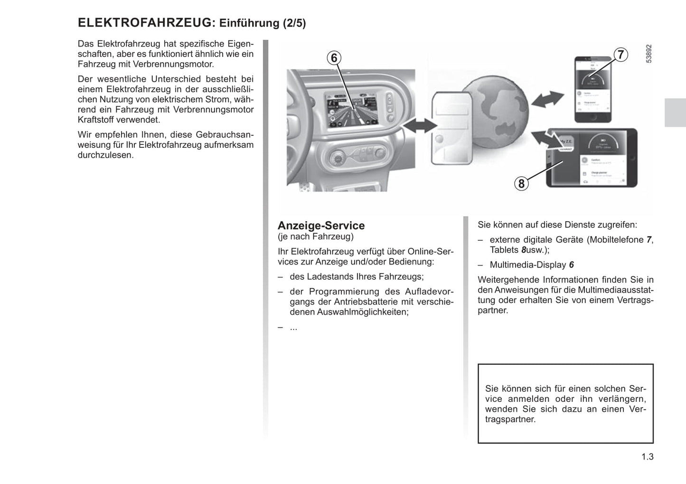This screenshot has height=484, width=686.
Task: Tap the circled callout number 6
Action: (334, 58)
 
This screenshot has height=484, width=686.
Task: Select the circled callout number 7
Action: (620, 55)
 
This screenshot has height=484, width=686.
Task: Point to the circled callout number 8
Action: (521, 183)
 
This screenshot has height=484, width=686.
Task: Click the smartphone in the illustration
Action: (592, 90)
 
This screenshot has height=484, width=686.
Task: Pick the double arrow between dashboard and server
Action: (419, 125)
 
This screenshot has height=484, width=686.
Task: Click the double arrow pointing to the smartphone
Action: (547, 100)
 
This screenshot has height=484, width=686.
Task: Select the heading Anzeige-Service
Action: (321, 226)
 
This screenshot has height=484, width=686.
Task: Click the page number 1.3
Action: (647, 457)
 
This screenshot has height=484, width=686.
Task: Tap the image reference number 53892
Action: (648, 54)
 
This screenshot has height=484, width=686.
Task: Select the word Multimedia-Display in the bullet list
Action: (528, 265)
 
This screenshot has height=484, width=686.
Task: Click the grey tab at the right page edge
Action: (675, 113)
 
